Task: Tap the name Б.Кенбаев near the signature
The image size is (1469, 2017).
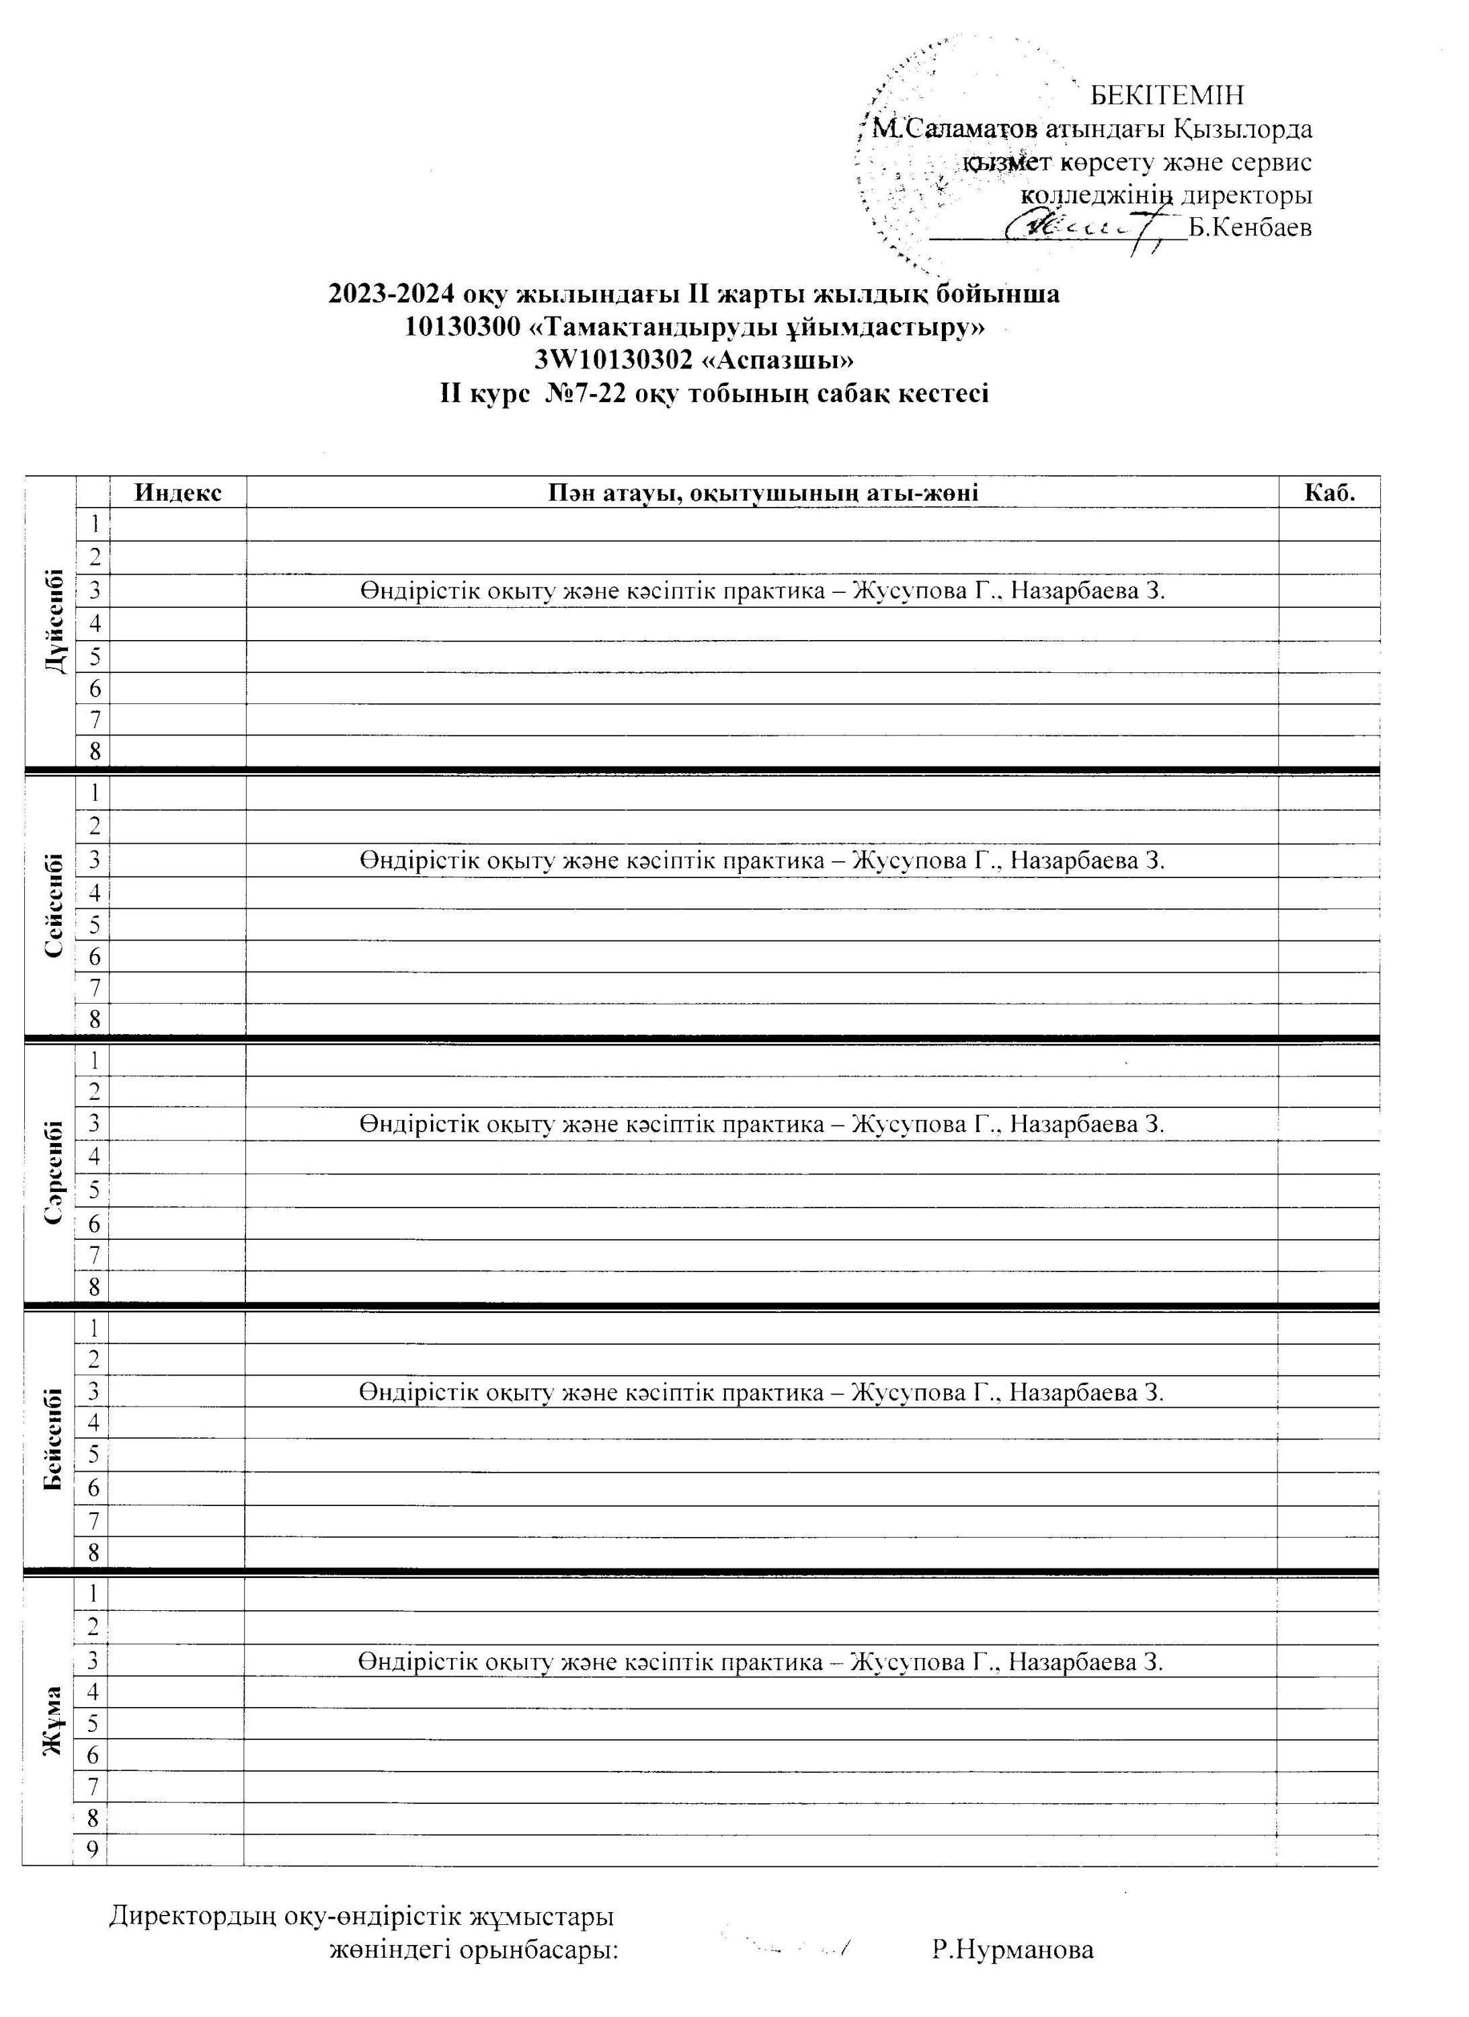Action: click(1250, 229)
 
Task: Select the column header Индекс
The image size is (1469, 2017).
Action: click(178, 493)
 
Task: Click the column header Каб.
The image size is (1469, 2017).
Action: click(1329, 493)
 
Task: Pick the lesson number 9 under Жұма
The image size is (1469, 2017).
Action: click(91, 1849)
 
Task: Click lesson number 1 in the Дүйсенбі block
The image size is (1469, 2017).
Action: click(93, 524)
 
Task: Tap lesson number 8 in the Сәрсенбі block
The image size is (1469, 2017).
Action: click(93, 1287)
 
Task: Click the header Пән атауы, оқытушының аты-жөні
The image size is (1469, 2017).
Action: click(762, 493)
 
